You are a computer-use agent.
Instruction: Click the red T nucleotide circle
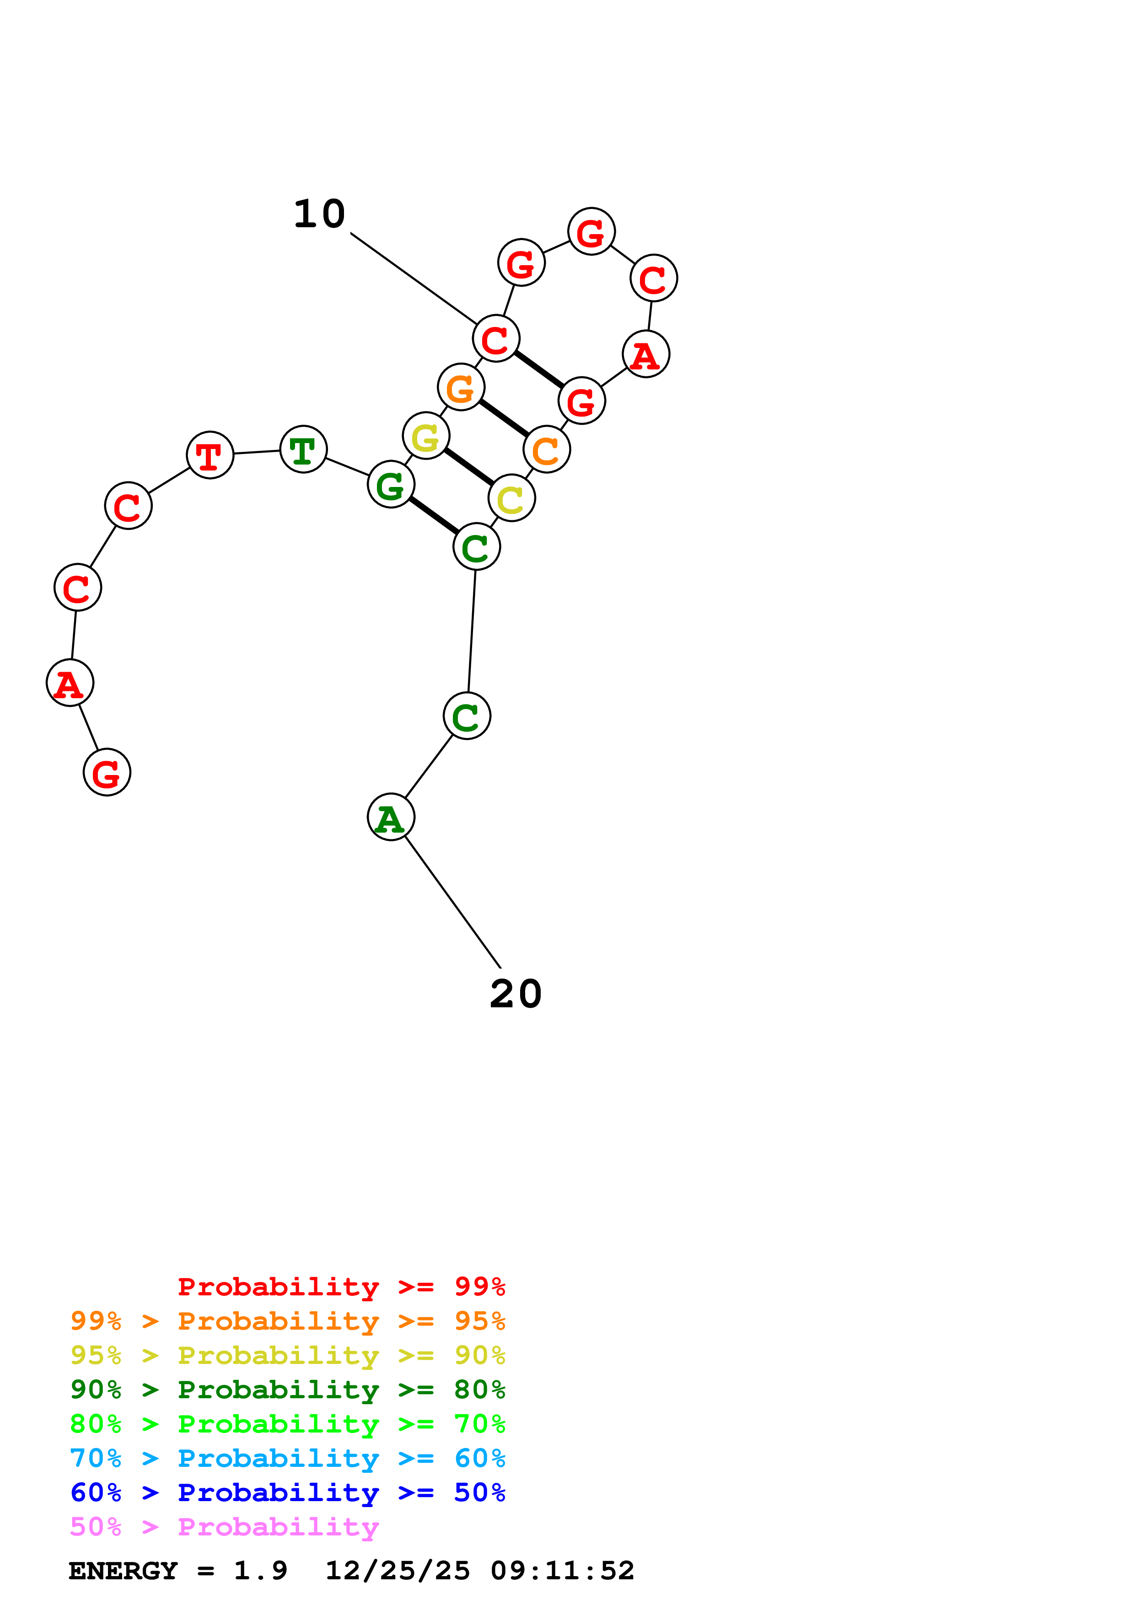[x=210, y=455]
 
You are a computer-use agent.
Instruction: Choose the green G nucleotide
[x=391, y=484]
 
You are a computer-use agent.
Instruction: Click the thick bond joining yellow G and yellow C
[x=469, y=467]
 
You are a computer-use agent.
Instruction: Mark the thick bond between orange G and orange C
[x=504, y=418]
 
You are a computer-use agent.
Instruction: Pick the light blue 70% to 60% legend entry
[x=287, y=1458]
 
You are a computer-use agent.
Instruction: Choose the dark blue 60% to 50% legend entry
[x=287, y=1492]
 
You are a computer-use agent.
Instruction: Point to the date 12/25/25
[x=398, y=1571]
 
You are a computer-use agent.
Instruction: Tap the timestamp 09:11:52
[x=563, y=1571]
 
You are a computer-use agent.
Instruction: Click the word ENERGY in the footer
[x=123, y=1571]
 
